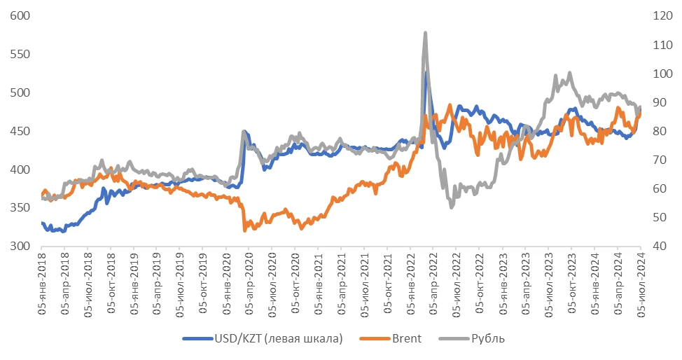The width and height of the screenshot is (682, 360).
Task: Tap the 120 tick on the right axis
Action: tap(662, 15)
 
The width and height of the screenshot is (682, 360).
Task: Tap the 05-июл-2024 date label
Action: tap(641, 280)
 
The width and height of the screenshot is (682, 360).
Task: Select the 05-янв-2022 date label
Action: tap(410, 280)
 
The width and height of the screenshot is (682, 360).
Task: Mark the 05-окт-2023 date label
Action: tap(571, 280)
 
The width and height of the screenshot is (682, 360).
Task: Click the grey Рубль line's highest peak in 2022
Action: tap(425, 32)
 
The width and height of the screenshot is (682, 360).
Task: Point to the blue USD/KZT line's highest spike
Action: tap(426, 71)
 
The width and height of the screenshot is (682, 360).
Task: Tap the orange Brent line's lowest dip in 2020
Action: tap(244, 230)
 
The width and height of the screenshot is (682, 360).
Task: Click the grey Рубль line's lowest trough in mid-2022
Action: tap(452, 207)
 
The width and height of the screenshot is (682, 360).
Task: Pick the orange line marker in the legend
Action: tap(371, 339)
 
